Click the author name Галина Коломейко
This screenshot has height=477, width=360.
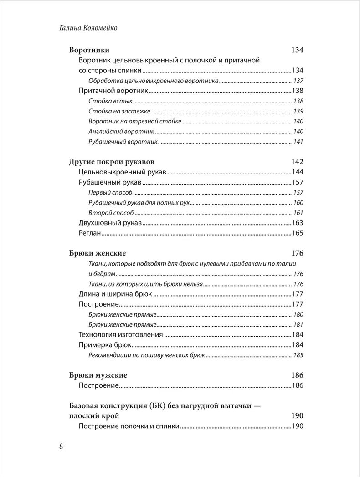89,28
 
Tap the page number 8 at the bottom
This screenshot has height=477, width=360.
61,446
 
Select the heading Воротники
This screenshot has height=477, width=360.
89,50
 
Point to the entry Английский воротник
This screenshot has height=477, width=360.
122,132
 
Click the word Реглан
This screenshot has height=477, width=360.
90,233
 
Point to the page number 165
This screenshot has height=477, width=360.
298,233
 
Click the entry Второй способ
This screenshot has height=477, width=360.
111,213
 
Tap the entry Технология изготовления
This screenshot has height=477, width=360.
121,334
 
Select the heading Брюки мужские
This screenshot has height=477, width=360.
98,375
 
